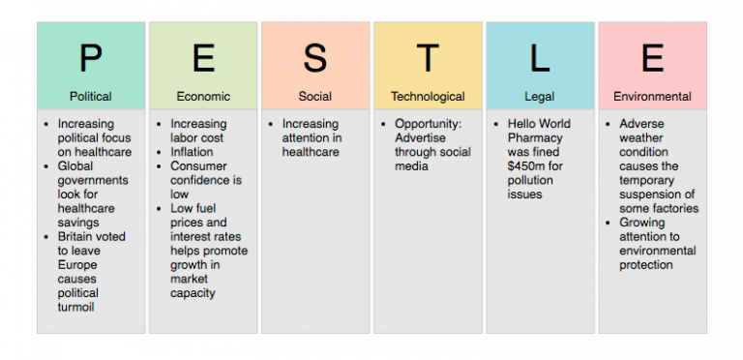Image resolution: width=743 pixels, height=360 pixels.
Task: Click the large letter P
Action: [90, 59]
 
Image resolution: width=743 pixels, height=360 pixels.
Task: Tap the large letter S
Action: [315, 59]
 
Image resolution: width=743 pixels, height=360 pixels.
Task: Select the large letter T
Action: [428, 59]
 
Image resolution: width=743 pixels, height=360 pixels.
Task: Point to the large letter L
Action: [540, 59]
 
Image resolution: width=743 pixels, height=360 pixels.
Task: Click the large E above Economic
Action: [203, 59]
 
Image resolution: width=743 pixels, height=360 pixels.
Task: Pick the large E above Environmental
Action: [652, 59]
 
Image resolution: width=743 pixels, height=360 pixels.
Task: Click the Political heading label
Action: [90, 97]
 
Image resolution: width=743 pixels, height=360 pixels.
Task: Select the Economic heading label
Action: [203, 97]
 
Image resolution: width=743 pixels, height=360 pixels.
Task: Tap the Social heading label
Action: [315, 97]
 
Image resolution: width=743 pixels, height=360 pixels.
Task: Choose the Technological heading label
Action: [428, 97]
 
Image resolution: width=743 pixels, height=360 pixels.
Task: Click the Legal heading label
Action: [540, 97]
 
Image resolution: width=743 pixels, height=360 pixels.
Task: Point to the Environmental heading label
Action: [652, 97]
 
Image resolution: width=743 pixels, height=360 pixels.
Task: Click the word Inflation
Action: [192, 152]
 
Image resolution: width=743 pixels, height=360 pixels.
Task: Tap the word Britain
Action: [76, 236]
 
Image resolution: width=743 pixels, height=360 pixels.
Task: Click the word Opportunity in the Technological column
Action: [431, 124]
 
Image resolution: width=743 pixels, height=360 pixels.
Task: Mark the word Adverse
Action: [641, 124]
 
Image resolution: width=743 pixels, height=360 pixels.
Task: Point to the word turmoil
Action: [77, 307]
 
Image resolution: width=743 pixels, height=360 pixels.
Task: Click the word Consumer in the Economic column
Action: [198, 166]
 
